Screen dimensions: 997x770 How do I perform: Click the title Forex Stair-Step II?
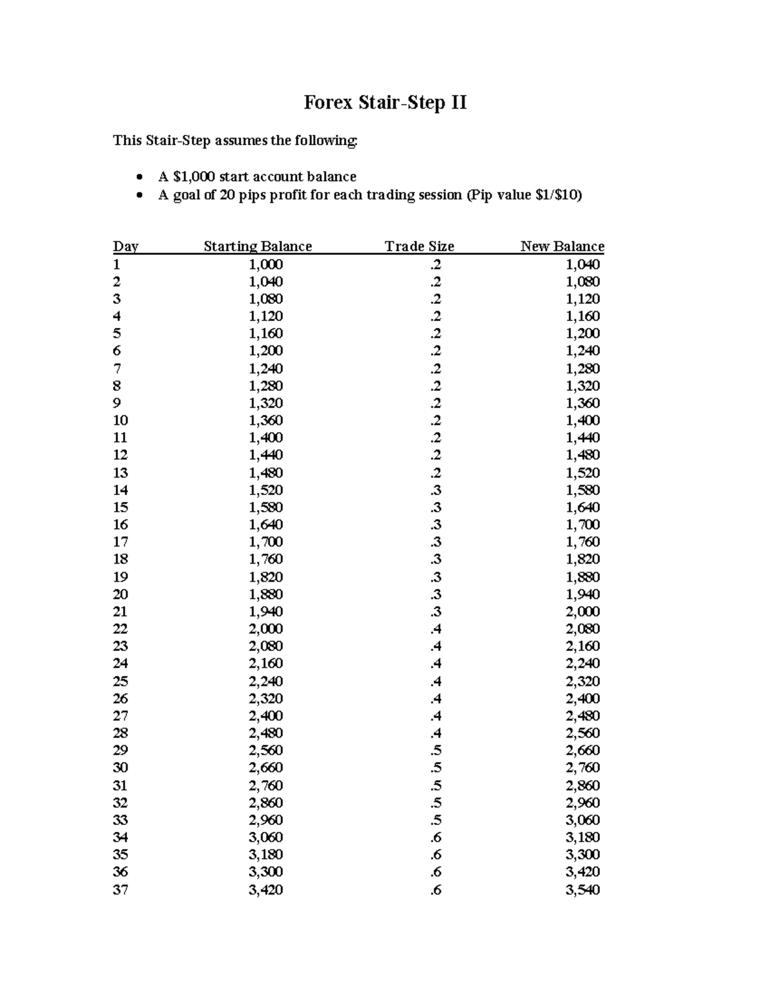(385, 102)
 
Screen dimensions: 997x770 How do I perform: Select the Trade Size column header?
(419, 247)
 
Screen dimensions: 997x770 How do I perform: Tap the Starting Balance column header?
(257, 247)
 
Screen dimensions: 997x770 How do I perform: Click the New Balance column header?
(562, 247)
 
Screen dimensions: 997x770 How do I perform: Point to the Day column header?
(125, 247)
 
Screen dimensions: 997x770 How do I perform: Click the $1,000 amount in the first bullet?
(194, 177)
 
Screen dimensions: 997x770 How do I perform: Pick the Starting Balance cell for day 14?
(266, 490)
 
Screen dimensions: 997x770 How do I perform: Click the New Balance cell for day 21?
(582, 612)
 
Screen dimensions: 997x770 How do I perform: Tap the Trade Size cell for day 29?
(436, 750)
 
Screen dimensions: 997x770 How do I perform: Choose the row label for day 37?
(120, 890)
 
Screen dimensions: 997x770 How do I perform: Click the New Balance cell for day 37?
(582, 890)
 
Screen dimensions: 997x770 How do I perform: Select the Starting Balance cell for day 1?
(266, 264)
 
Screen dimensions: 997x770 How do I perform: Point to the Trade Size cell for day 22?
(436, 629)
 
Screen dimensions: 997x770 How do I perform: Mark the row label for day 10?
(120, 420)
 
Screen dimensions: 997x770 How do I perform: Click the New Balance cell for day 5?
(582, 333)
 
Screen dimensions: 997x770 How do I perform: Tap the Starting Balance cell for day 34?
(266, 837)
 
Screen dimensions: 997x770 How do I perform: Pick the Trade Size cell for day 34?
(436, 837)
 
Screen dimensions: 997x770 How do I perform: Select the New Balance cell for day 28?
(582, 733)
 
